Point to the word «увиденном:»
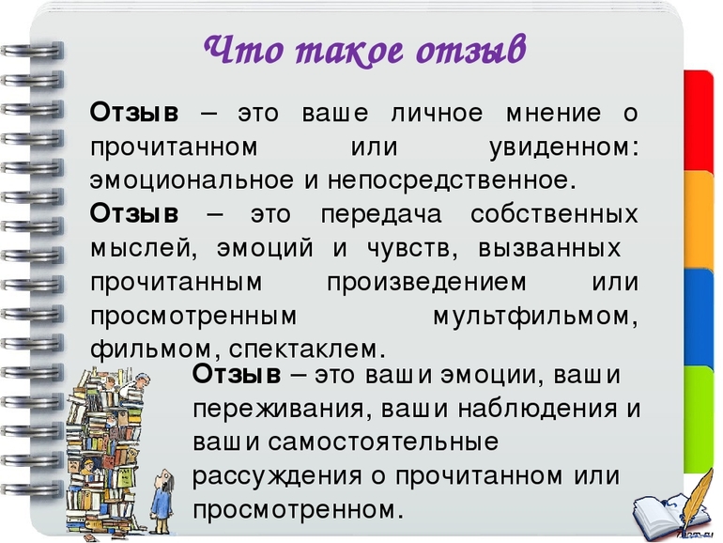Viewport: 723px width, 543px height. tap(564, 147)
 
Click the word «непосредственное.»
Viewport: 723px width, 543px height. tap(452, 180)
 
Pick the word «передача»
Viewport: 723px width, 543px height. tap(381, 215)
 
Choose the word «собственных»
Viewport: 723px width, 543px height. tap(554, 214)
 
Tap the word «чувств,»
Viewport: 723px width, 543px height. tap(413, 249)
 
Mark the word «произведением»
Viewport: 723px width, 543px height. tap(426, 283)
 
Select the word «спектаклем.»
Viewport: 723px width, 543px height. tap(307, 349)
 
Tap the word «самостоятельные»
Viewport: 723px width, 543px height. tap(383, 442)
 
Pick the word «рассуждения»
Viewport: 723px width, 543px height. tap(277, 476)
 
